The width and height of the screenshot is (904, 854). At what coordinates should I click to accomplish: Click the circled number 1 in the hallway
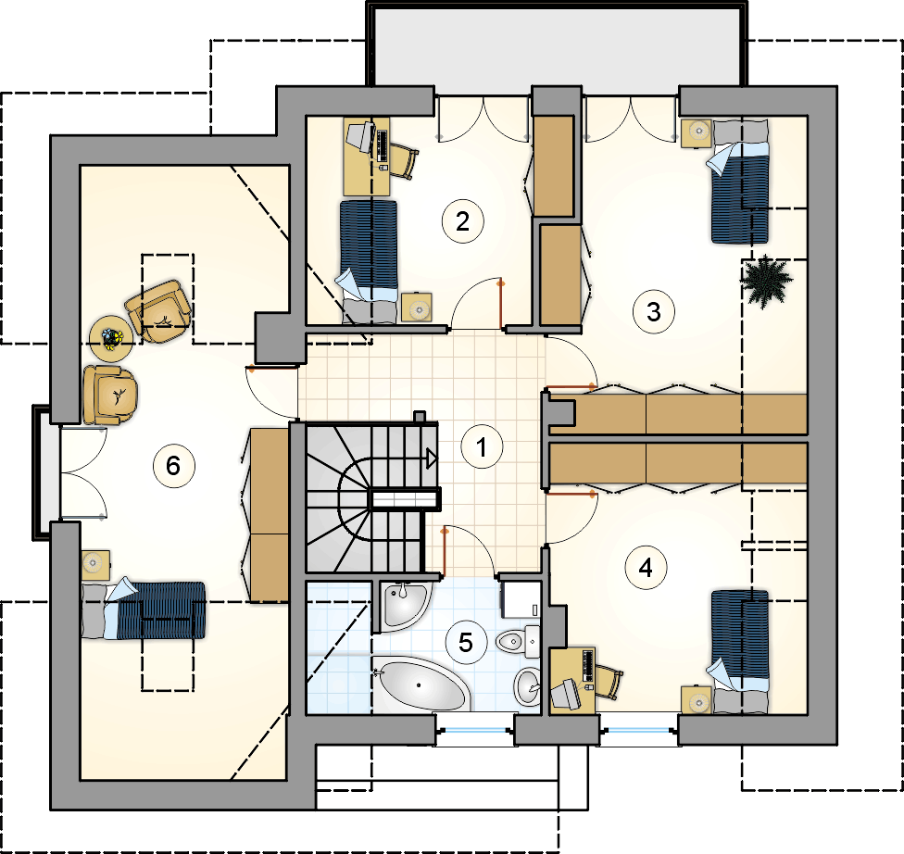coord(482,446)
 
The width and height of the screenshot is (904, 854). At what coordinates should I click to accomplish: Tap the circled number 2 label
coord(462,221)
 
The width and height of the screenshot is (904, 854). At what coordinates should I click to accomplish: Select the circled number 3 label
coord(654,312)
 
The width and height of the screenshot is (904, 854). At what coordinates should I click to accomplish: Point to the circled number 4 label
coord(646,568)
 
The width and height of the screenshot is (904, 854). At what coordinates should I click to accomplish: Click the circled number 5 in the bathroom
coord(466,643)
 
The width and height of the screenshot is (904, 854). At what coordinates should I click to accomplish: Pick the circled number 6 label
coord(173,466)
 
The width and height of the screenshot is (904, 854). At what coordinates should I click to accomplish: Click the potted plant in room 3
coord(766,281)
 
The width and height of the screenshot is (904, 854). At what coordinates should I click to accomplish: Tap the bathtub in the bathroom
coord(421,684)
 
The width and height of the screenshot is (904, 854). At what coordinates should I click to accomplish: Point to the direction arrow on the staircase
coord(432,459)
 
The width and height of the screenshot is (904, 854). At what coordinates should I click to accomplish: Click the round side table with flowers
coord(111,338)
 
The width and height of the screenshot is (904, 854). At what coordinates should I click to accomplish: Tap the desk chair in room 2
coord(406,161)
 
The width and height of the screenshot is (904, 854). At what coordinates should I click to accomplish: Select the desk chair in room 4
coord(609,681)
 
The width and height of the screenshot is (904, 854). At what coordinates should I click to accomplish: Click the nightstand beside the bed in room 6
coord(95,565)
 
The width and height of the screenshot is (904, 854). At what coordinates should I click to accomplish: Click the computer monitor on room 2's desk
coord(361,136)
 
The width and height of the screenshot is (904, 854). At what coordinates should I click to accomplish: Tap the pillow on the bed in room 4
coord(741,701)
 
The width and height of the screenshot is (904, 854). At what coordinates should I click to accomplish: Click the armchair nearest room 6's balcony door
coord(110,396)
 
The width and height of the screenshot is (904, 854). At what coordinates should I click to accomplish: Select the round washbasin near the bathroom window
coord(528,686)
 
